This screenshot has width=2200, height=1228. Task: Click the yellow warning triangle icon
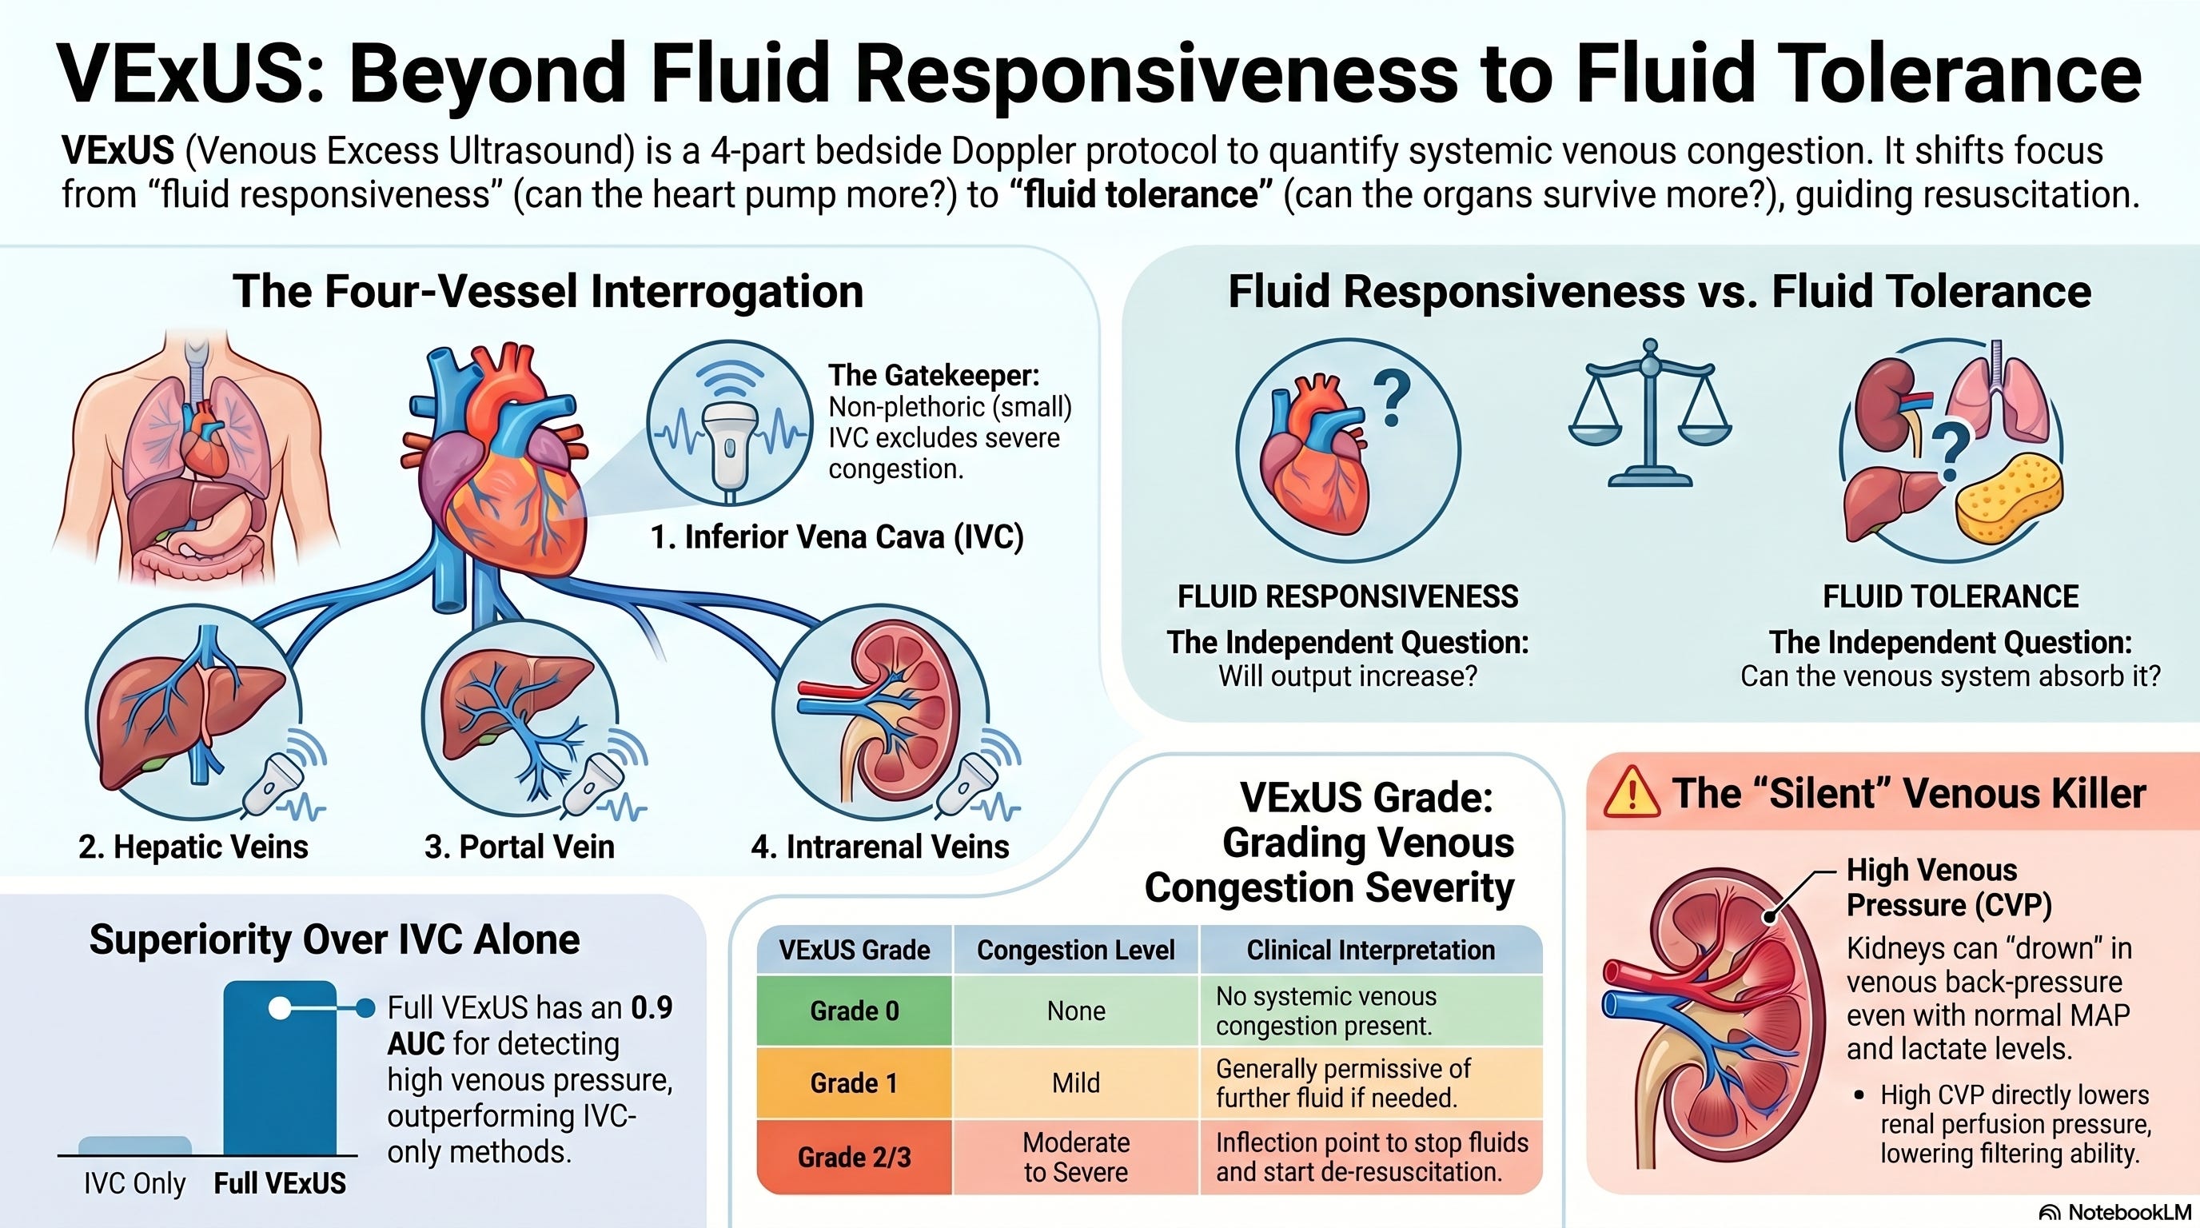pos(1631,792)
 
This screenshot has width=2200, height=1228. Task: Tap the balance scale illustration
pos(1650,413)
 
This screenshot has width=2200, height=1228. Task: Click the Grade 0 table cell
pos(854,1011)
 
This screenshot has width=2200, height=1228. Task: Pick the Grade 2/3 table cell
pos(854,1157)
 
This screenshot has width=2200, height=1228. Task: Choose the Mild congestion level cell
pos(1076,1082)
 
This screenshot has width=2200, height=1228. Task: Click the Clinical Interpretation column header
pos(1371,950)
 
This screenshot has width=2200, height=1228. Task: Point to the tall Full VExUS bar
pos(279,1067)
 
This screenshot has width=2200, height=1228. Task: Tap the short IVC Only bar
pos(135,1146)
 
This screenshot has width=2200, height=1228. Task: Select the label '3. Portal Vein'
pos(520,847)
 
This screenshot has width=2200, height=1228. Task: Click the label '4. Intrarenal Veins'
pos(879,847)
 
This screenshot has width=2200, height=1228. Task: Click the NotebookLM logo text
pos(2114,1213)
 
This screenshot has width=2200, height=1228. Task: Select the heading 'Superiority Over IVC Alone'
pos(334,939)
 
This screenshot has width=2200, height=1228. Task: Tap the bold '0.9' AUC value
pos(652,1007)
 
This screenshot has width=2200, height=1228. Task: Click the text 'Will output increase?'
pos(1348,676)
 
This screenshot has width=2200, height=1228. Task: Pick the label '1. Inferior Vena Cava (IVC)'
pos(837,537)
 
